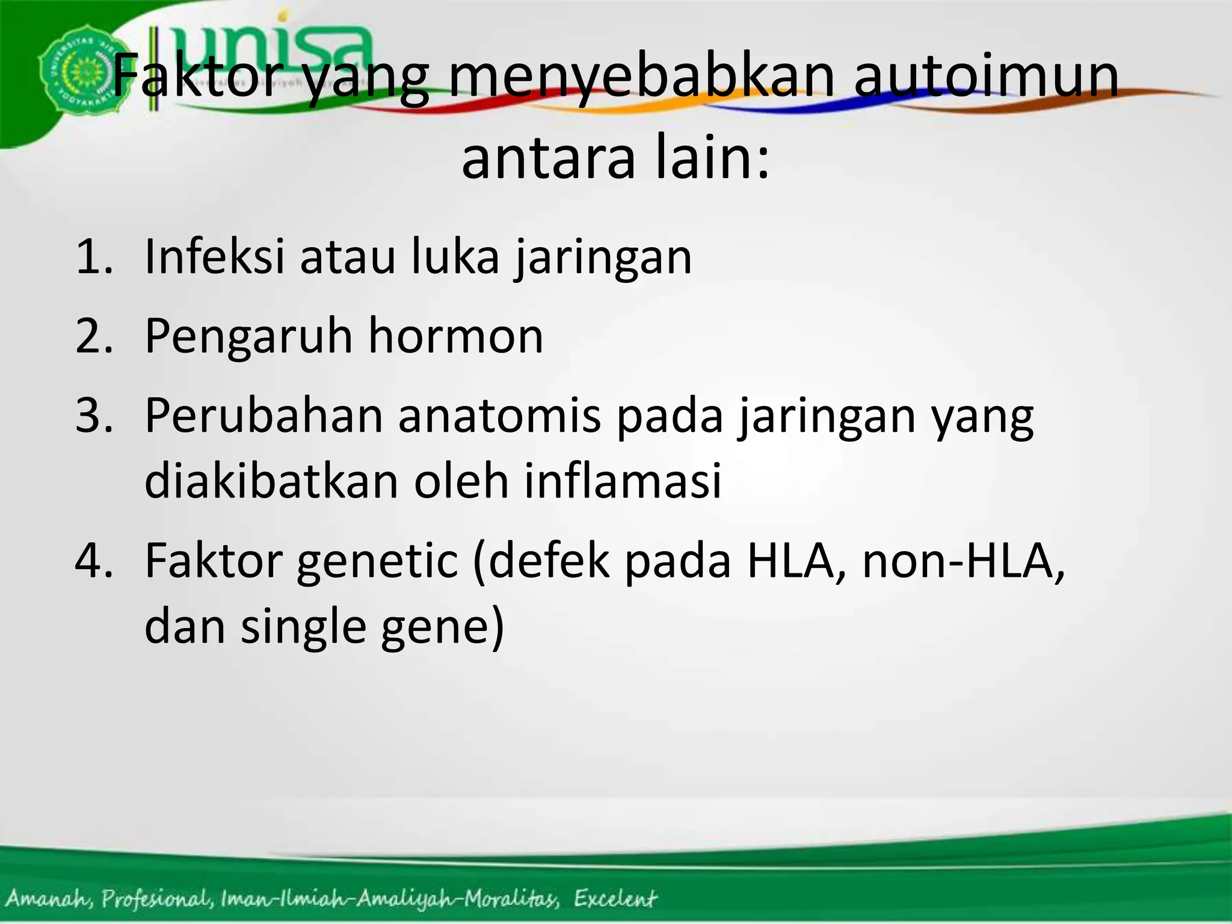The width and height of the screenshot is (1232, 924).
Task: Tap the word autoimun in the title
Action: coord(987,76)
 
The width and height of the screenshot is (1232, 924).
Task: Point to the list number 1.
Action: coord(93,257)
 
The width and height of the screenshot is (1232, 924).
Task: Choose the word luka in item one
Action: coord(455,257)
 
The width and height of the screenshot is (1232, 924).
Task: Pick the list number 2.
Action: coord(93,336)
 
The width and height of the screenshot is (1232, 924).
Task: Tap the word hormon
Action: coord(456,336)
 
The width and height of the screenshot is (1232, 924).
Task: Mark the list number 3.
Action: coord(93,416)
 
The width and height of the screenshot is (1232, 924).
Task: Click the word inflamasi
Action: coord(623,481)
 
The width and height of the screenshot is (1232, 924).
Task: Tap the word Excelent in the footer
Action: coord(615,899)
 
